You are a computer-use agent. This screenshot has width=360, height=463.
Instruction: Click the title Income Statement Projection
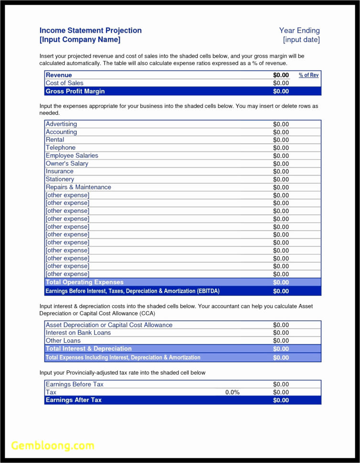pyautogui.click(x=90, y=31)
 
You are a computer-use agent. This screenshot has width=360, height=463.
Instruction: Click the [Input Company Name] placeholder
pyautogui.click(x=80, y=40)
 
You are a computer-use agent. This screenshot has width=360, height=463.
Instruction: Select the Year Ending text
pyautogui.click(x=299, y=31)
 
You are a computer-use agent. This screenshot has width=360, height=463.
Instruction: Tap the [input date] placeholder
pyautogui.click(x=301, y=40)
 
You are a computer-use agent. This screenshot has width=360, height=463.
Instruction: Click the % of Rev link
pyautogui.click(x=309, y=75)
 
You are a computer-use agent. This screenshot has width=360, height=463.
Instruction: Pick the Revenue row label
pyautogui.click(x=59, y=75)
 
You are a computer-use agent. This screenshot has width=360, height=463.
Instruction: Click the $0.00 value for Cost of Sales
pyautogui.click(x=281, y=83)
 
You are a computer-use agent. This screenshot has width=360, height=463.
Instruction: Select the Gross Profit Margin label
pyautogui.click(x=75, y=91)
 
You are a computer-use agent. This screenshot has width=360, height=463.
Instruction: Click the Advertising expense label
pyautogui.click(x=61, y=124)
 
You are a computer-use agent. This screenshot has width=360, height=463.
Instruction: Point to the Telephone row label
pyautogui.click(x=61, y=148)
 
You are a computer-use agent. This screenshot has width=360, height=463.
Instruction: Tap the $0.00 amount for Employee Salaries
pyautogui.click(x=281, y=156)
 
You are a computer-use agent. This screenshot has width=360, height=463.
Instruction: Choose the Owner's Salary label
pyautogui.click(x=67, y=164)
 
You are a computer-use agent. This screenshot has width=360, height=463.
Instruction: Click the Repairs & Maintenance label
pyautogui.click(x=78, y=187)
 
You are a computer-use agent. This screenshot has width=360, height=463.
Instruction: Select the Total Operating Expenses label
pyautogui.click(x=85, y=282)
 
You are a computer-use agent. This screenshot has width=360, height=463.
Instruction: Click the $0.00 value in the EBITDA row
pyautogui.click(x=281, y=291)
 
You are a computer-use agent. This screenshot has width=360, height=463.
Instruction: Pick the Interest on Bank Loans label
pyautogui.click(x=78, y=333)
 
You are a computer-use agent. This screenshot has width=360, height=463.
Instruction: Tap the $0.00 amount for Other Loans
pyautogui.click(x=281, y=341)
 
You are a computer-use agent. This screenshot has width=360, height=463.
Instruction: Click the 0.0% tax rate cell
pyautogui.click(x=232, y=392)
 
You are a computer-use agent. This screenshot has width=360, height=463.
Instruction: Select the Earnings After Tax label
pyautogui.click(x=74, y=400)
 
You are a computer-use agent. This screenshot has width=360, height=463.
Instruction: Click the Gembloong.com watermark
pyautogui.click(x=53, y=446)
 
